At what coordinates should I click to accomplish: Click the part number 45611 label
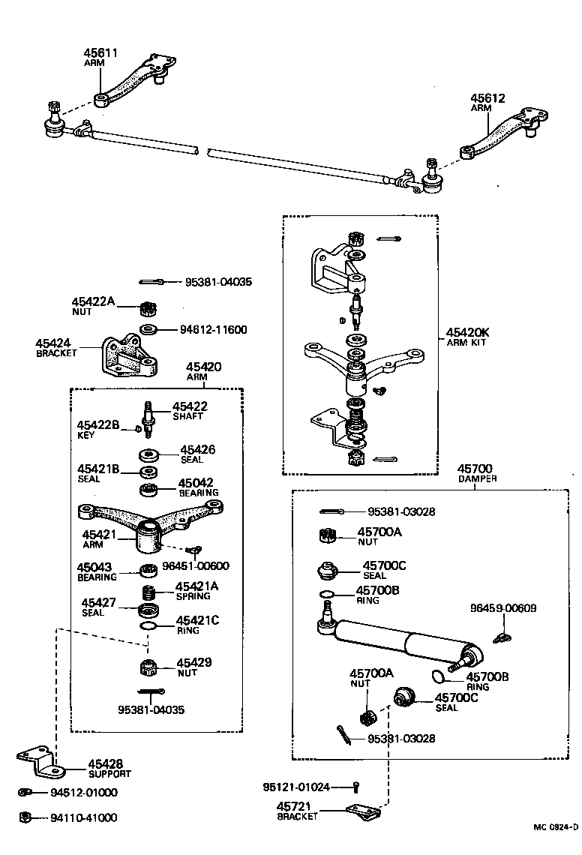[x=100, y=53]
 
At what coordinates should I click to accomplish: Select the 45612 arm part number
[x=487, y=98]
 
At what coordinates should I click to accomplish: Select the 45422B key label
[x=98, y=424]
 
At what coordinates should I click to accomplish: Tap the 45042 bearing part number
[x=196, y=483]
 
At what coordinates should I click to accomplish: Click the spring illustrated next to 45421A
[x=151, y=591]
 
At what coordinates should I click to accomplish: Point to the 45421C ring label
[x=197, y=620]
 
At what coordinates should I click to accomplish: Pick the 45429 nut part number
[x=193, y=662]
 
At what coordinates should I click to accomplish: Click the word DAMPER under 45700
[x=477, y=478]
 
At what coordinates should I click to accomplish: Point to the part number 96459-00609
[x=503, y=608]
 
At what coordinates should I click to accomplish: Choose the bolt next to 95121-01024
[x=356, y=787]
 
